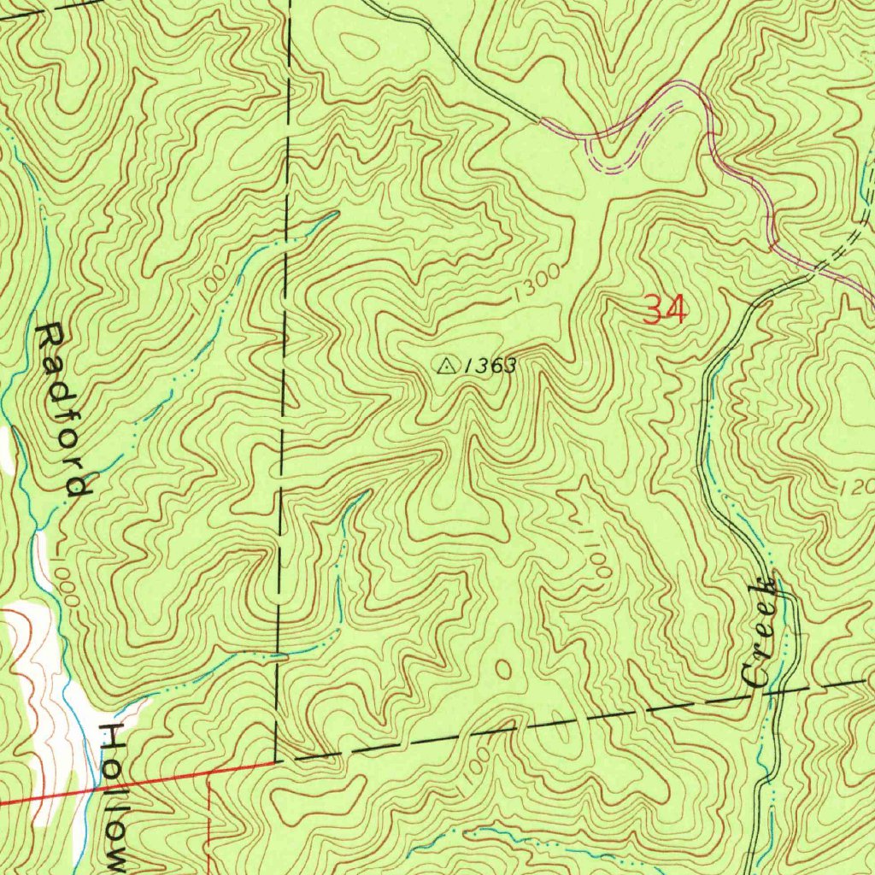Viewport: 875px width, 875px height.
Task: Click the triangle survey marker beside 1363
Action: pyautogui.click(x=445, y=366)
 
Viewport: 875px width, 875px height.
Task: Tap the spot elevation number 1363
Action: pyautogui.click(x=491, y=367)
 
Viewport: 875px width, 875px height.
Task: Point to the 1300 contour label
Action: pyautogui.click(x=537, y=283)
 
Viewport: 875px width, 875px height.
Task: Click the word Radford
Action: pyautogui.click(x=63, y=410)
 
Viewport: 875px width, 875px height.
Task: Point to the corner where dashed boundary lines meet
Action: pyautogui.click(x=276, y=759)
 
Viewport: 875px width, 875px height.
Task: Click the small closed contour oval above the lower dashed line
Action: pyautogui.click(x=503, y=667)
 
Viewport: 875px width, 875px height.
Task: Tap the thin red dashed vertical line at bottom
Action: pyautogui.click(x=210, y=820)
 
